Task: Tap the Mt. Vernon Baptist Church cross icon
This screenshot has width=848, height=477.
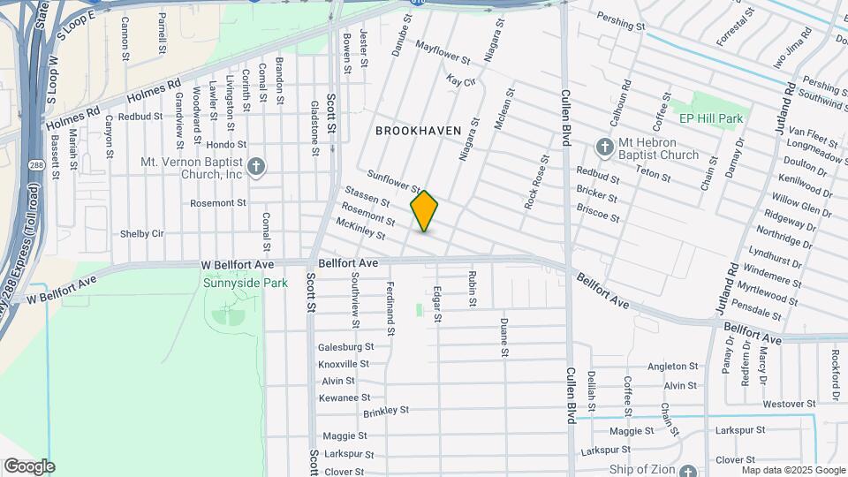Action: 255,165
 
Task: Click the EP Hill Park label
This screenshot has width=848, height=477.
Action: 711,117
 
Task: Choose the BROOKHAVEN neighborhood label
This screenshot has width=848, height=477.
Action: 419,130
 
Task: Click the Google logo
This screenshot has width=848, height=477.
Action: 28,466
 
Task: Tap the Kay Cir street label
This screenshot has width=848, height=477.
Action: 461,80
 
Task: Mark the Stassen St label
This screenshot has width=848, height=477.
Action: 367,202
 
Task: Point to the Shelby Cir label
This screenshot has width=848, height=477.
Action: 142,233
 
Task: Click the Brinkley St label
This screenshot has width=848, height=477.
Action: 386,411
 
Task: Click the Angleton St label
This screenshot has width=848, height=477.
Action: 667,366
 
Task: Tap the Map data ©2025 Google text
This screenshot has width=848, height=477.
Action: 793,470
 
